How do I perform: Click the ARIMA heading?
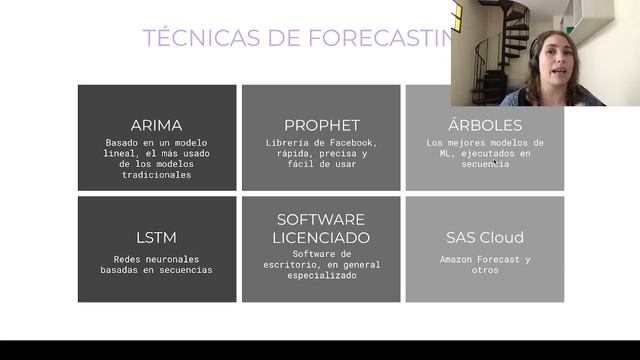pos(157,125)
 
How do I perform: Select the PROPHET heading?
pos(321,125)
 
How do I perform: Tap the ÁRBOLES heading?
pos(485,125)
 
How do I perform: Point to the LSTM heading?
pos(157,238)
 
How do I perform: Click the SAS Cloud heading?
pos(485,238)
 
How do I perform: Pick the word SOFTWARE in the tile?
pos(321,219)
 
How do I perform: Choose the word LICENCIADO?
pos(321,238)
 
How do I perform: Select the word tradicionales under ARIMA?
pos(157,175)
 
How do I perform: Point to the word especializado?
pos(321,275)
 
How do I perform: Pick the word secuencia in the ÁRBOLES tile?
pos(485,165)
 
